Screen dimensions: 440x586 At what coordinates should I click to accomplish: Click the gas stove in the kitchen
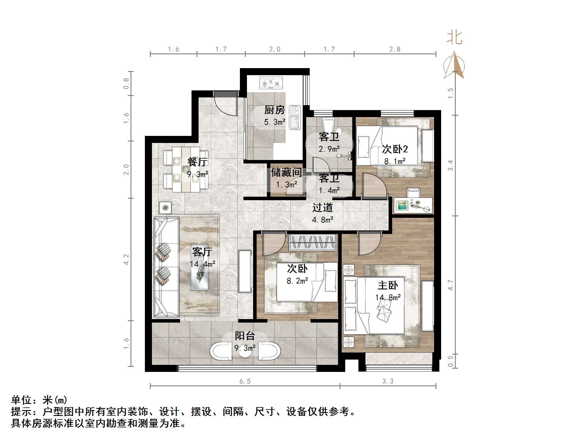271,83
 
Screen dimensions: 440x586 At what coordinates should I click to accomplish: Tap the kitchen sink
294,117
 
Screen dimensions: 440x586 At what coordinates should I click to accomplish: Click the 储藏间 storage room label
286,172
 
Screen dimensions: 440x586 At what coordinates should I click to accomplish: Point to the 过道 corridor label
322,208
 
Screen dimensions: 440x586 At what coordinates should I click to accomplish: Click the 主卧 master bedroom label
387,285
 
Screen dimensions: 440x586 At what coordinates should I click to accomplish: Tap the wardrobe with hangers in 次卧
312,242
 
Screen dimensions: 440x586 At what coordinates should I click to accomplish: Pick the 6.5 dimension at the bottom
245,381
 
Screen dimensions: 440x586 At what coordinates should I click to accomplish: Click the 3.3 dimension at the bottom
387,381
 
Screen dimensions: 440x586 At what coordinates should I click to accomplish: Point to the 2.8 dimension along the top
394,49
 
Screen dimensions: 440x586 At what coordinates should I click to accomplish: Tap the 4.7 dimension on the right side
450,285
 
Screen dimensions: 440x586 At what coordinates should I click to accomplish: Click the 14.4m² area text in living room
202,264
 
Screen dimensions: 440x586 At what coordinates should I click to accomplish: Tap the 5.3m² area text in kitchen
275,122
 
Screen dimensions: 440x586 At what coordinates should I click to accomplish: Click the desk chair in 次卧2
414,193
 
